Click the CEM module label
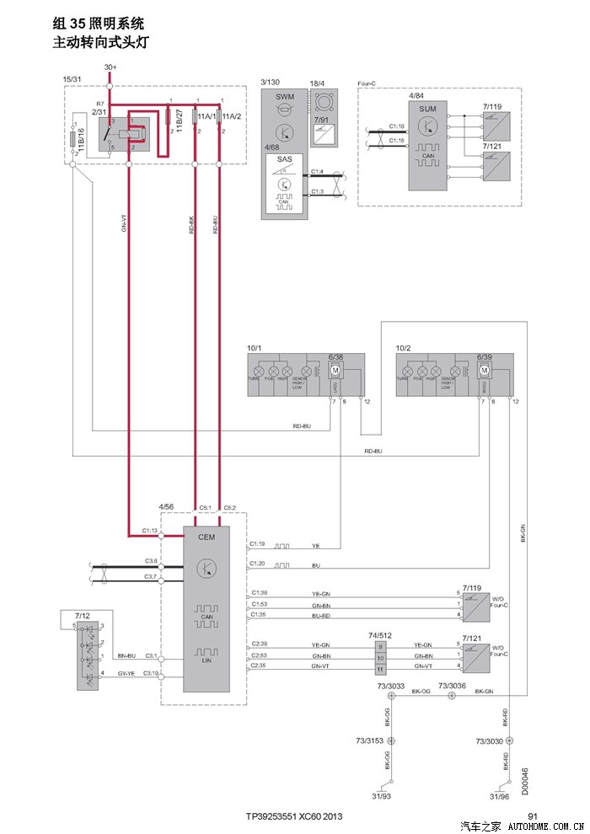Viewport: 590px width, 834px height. [x=206, y=535]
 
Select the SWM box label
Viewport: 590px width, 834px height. [x=285, y=96]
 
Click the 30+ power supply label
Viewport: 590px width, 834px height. [x=110, y=67]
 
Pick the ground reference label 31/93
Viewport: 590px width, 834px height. [x=382, y=796]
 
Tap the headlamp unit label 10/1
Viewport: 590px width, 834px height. [x=255, y=348]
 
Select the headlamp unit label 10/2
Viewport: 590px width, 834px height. [x=403, y=348]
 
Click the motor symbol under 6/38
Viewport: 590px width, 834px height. [x=334, y=371]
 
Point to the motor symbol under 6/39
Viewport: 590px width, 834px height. [x=484, y=371]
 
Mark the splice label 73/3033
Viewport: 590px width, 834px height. [x=391, y=686]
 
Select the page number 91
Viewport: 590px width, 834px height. [x=533, y=815]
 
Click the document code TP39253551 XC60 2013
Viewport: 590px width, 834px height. [x=294, y=816]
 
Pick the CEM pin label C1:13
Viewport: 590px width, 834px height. [x=150, y=531]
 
